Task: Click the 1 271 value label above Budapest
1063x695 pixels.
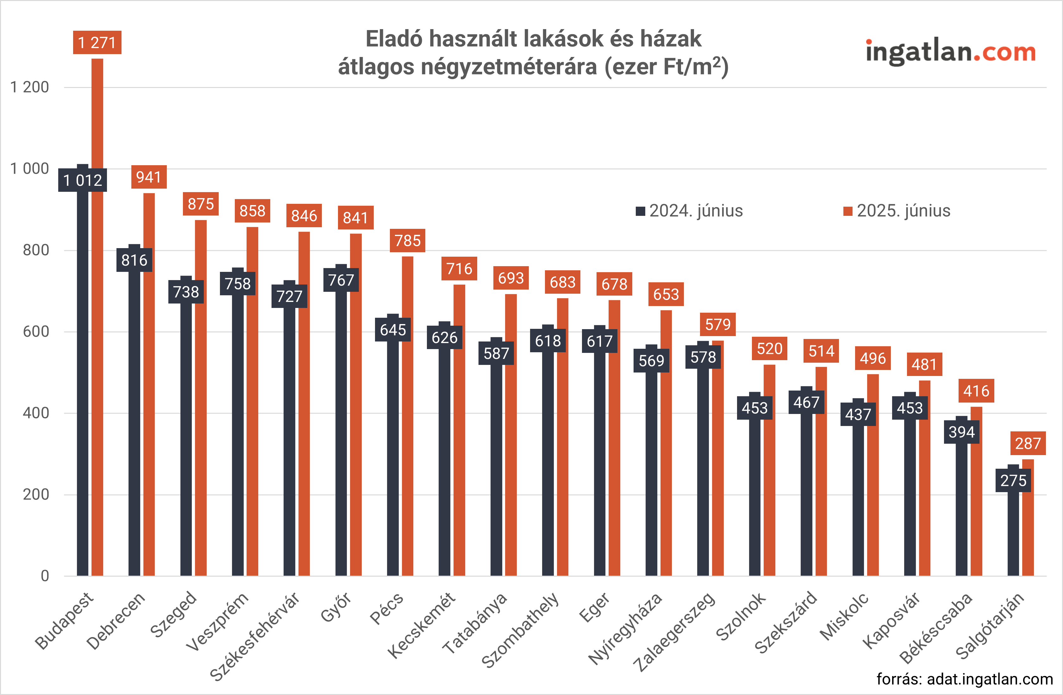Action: click(x=97, y=42)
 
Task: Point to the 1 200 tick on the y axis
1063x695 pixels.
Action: click(x=29, y=87)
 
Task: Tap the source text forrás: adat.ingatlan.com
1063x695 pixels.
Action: click(x=965, y=679)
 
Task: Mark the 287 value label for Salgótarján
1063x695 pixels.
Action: click(x=1028, y=443)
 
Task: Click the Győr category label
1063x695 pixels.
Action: click(x=336, y=607)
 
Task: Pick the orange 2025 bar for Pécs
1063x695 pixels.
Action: click(x=407, y=416)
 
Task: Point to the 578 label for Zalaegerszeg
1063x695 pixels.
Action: click(x=703, y=357)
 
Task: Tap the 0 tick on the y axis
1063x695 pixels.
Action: click(x=45, y=576)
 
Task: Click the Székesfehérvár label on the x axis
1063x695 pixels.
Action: click(x=254, y=636)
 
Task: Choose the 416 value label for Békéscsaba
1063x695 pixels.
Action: click(x=976, y=391)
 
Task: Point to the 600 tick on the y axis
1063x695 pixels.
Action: click(x=36, y=331)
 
